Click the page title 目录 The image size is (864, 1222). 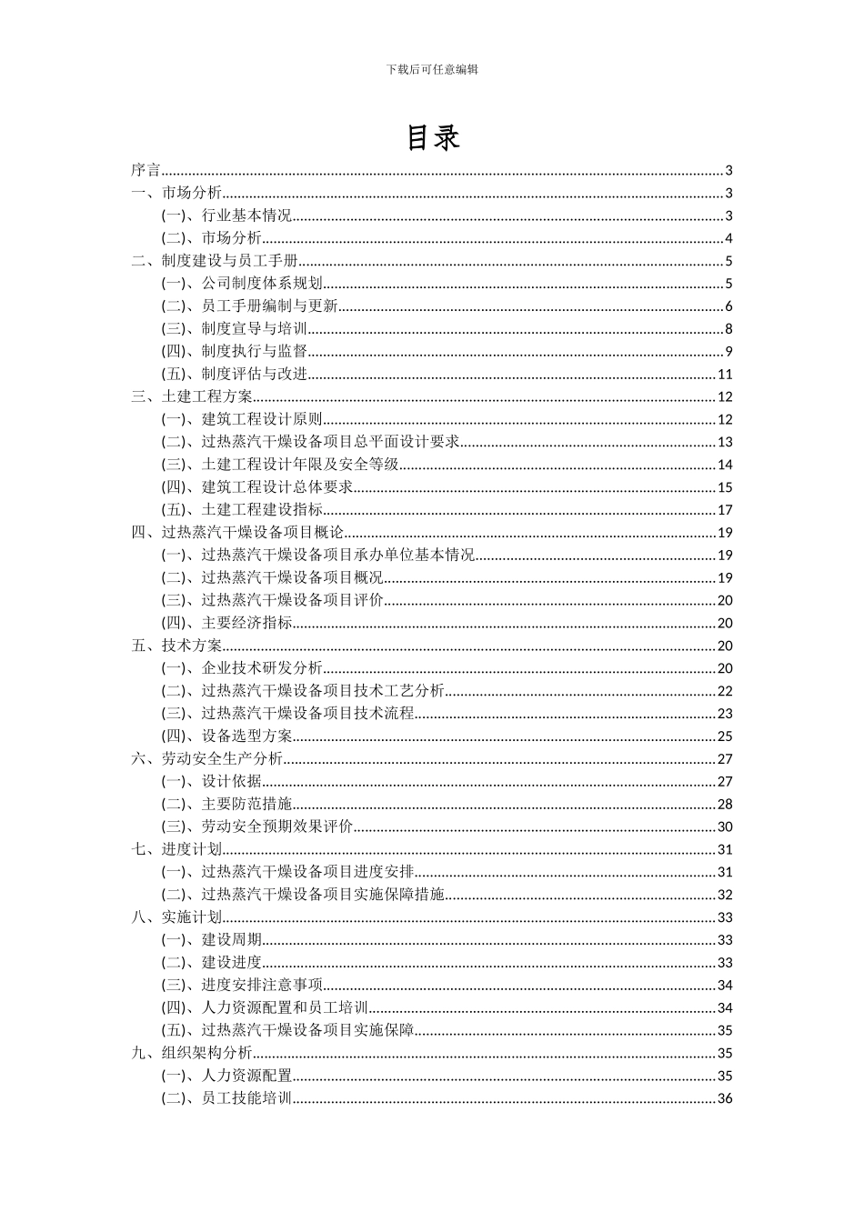point(432,137)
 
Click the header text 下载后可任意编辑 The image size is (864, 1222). point(432,68)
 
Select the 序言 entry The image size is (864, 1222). point(146,171)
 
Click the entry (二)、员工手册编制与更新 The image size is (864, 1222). point(250,306)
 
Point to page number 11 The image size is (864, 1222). point(725,375)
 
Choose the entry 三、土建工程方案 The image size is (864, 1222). point(192,397)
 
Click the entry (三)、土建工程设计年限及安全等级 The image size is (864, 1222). point(280,465)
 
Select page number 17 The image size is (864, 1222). point(725,510)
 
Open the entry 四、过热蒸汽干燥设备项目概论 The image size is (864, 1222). point(237,533)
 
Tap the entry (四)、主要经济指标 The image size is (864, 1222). point(227,623)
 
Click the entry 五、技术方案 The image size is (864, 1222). point(176,646)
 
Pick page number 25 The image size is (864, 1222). point(725,736)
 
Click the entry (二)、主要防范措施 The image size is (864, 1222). point(227,804)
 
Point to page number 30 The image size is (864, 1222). point(725,826)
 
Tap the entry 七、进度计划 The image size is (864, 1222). point(176,849)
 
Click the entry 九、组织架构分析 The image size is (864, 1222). point(192,1053)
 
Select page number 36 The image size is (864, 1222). point(725,1098)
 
